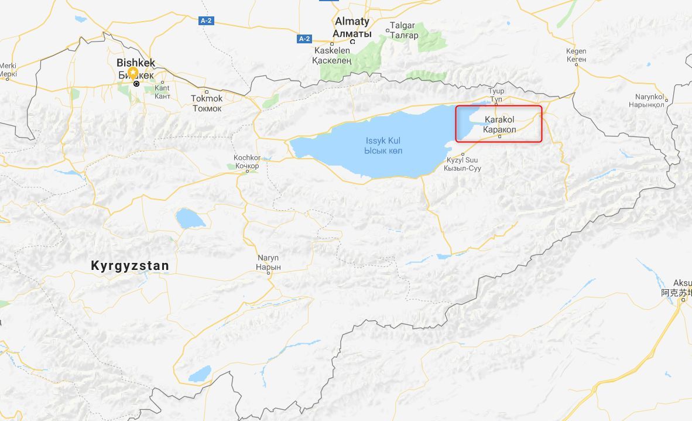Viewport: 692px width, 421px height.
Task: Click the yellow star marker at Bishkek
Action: [x=133, y=73]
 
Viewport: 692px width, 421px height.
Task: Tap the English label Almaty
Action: [x=352, y=22]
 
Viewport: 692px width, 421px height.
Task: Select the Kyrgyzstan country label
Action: [x=130, y=266]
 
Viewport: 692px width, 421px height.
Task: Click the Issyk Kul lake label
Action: [x=383, y=141]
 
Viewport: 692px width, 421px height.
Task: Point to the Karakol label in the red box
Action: [x=500, y=120]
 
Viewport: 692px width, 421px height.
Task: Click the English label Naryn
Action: [x=269, y=258]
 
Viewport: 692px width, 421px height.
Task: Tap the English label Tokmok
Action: [x=207, y=98]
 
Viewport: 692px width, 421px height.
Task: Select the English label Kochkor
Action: [x=246, y=158]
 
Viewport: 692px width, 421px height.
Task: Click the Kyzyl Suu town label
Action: [x=463, y=160]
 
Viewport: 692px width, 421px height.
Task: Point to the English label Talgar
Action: [x=403, y=26]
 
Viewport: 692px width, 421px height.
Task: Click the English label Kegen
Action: [x=576, y=51]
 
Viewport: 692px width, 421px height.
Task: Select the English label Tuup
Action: [x=496, y=91]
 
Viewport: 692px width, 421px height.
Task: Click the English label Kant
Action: [x=162, y=88]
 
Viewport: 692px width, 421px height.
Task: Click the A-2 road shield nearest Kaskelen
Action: [x=303, y=39]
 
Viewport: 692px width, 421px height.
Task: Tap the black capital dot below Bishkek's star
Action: [x=136, y=84]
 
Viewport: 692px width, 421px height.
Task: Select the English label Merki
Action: [x=8, y=66]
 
